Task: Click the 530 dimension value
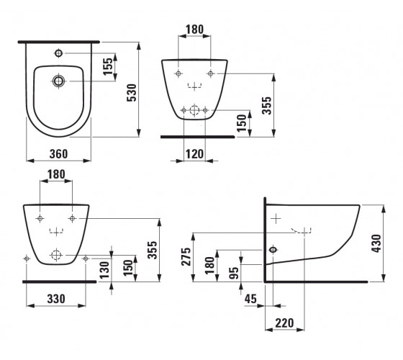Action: pyautogui.click(x=132, y=93)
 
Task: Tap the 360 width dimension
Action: pyautogui.click(x=58, y=154)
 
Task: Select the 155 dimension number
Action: pyautogui.click(x=108, y=66)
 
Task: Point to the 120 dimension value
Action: pyautogui.click(x=194, y=154)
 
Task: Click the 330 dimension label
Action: pyautogui.click(x=56, y=299)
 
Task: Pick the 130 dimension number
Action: pyautogui.click(x=104, y=270)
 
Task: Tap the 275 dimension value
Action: pyautogui.click(x=186, y=256)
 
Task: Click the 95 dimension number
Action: pyautogui.click(x=234, y=273)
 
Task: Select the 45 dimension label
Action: pyautogui.click(x=250, y=299)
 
